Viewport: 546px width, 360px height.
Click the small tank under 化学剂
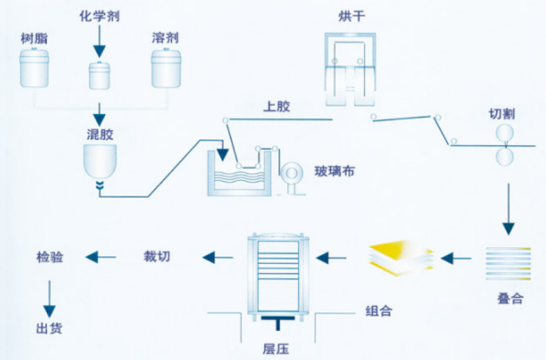100,75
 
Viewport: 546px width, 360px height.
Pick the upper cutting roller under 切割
507,133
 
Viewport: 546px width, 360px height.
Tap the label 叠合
509,299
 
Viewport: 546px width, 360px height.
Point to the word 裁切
156,257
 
